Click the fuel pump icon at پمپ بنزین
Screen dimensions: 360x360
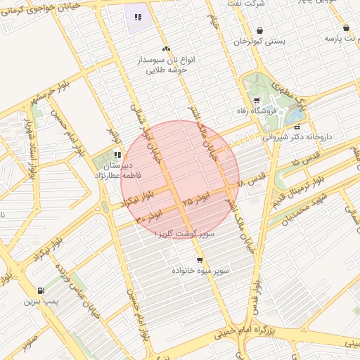tap(40, 290)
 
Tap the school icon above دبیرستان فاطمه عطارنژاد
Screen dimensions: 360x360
tap(117, 155)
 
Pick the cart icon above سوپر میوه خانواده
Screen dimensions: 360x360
tap(200, 260)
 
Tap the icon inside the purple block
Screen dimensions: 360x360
tap(138, 16)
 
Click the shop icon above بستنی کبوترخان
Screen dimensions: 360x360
tap(260, 30)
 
